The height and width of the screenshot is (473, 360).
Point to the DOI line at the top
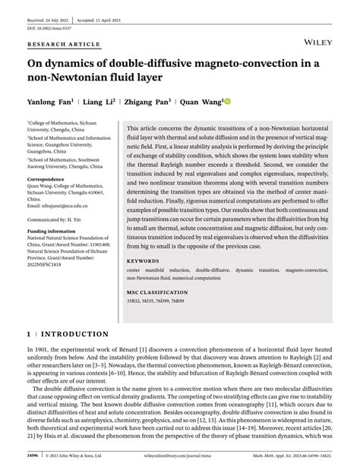pyautogui.click(x=46, y=18)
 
